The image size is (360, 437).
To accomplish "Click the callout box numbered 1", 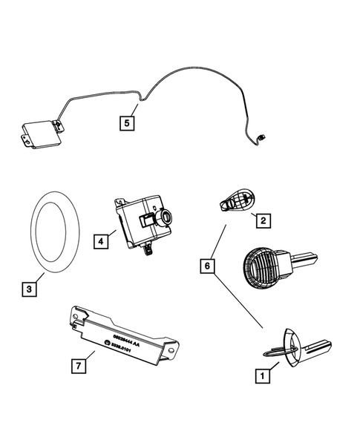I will (261, 377).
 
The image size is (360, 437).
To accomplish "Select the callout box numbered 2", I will (261, 220).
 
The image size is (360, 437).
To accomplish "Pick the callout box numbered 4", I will (99, 240).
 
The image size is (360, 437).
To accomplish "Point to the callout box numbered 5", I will (128, 122).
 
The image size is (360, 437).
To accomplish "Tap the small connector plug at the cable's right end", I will (262, 137).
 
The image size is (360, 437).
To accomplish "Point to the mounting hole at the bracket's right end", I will (172, 344).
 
